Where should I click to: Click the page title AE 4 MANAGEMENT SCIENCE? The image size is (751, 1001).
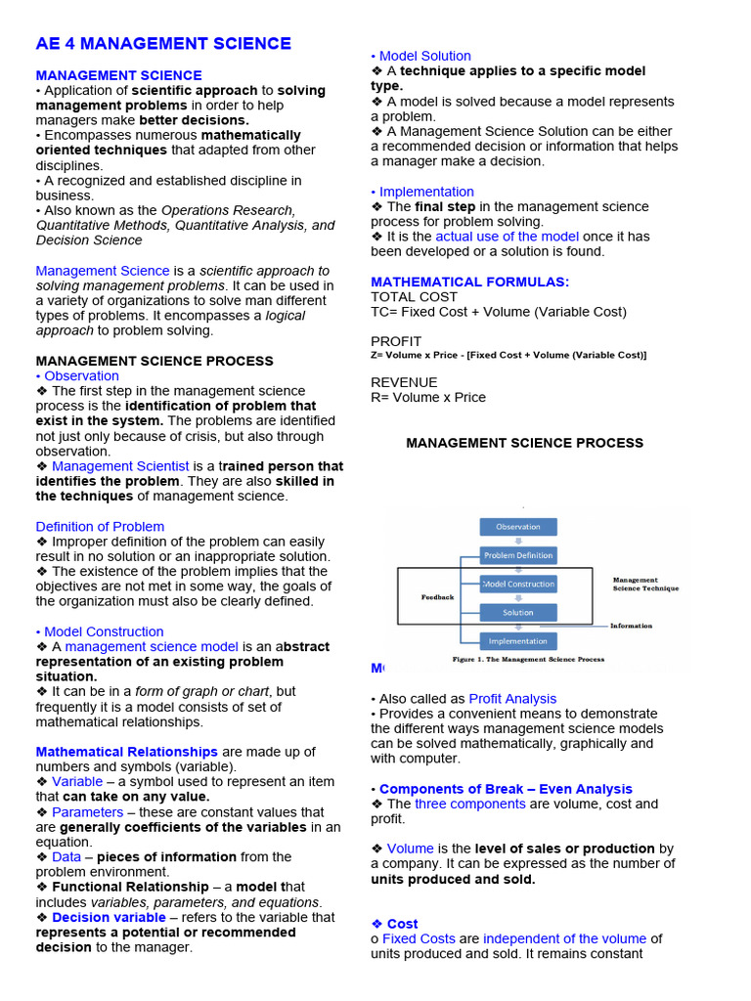(163, 43)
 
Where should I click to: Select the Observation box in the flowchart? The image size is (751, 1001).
(517, 527)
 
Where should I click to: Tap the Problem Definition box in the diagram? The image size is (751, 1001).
(517, 555)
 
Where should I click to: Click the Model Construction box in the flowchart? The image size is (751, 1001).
(517, 584)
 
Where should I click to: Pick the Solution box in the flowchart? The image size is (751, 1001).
(517, 613)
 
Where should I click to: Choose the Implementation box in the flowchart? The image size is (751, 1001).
(517, 641)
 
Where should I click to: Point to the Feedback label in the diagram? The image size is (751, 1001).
(437, 597)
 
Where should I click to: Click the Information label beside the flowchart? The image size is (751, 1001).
(631, 626)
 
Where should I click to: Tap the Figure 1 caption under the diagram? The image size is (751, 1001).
(528, 660)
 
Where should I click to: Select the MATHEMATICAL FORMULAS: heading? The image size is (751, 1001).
(469, 282)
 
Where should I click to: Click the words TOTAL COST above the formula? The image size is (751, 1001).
(414, 297)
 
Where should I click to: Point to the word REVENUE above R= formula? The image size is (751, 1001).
(404, 382)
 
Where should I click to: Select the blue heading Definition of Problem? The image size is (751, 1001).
(100, 526)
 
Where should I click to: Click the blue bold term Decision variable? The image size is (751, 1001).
(109, 917)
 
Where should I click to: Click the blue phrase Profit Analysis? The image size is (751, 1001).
(512, 699)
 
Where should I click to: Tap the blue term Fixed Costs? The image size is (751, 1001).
(419, 938)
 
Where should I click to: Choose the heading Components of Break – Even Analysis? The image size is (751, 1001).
(506, 789)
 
